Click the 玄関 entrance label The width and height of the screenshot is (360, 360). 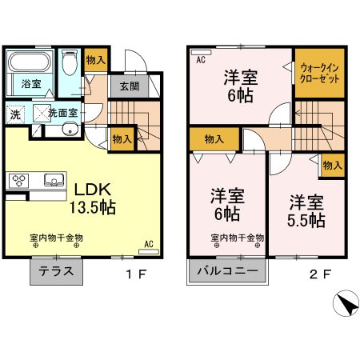tap(130, 87)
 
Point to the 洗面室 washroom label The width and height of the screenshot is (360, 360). tap(62, 114)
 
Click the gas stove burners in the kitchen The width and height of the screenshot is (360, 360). tap(18, 181)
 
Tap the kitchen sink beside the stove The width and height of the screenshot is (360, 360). tap(52, 179)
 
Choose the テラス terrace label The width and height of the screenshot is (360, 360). tap(57, 271)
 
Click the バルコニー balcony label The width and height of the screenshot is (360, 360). tap(228, 271)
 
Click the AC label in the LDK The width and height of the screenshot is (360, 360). tap(149, 243)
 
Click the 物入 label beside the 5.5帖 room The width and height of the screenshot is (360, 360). tap(332, 165)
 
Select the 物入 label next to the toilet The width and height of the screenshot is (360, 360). tap(95, 59)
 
